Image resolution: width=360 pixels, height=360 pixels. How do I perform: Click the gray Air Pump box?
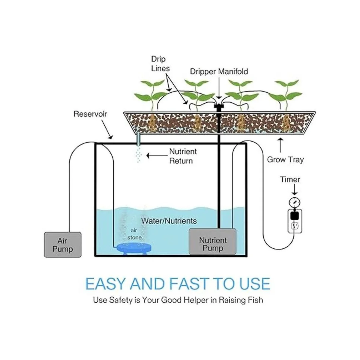coord(63,244)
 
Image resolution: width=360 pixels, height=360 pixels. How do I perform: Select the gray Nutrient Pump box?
coord(212,242)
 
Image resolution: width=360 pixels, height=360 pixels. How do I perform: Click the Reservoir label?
coord(90,114)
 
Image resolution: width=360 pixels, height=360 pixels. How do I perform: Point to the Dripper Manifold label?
coord(219,71)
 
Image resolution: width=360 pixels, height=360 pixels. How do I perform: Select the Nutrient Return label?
coord(183,156)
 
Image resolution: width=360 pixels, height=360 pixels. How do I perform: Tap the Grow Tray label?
coord(285,160)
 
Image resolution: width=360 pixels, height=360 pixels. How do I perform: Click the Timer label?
coord(290,179)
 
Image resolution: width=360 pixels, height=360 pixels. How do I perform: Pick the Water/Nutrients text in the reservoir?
coord(169,221)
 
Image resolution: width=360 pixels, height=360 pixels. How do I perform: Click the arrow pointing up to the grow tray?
coord(281,146)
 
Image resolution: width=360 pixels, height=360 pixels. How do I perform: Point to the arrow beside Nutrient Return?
coord(157,155)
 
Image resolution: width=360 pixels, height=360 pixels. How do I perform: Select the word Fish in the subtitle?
coord(255,300)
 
